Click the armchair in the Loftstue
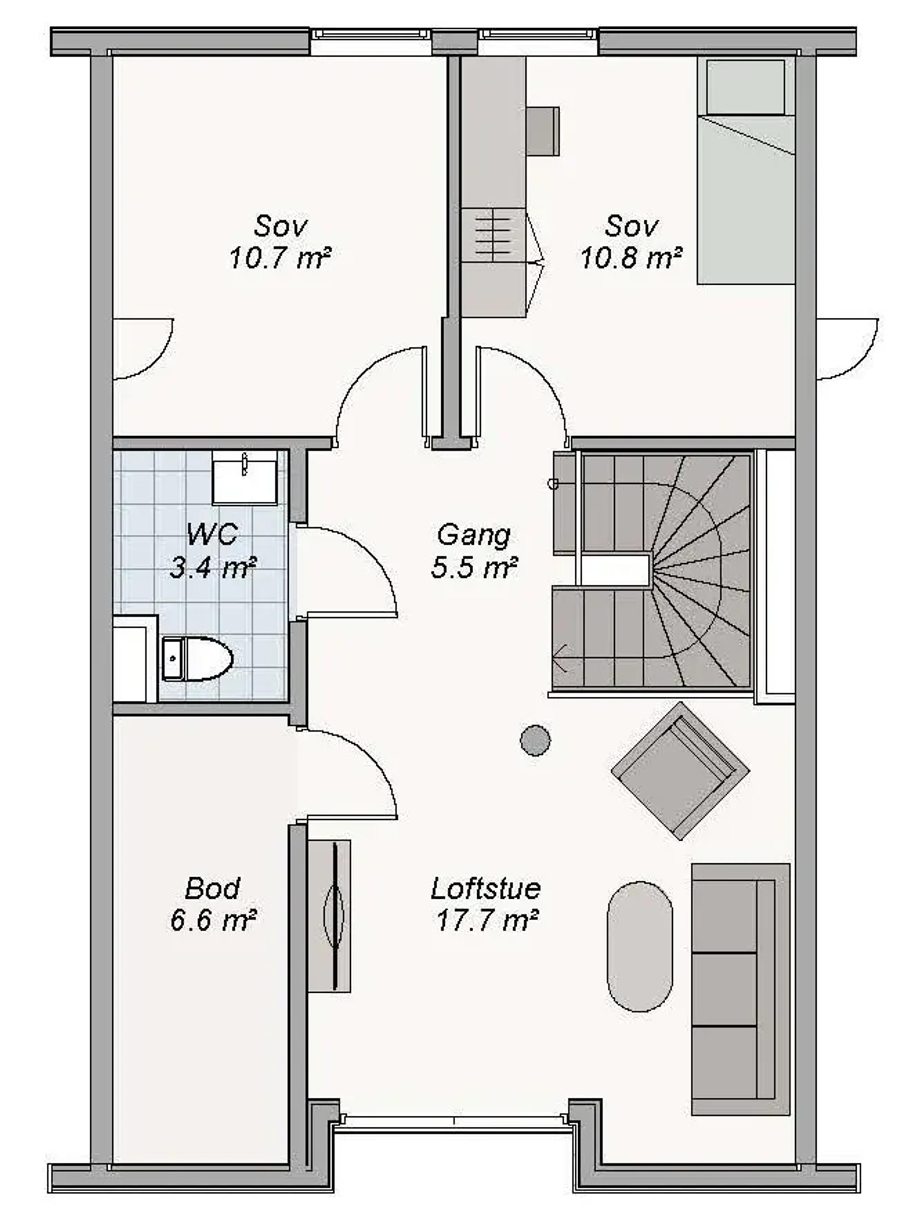(680, 771)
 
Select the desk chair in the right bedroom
(543, 131)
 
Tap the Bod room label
(212, 889)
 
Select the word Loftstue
(486, 889)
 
